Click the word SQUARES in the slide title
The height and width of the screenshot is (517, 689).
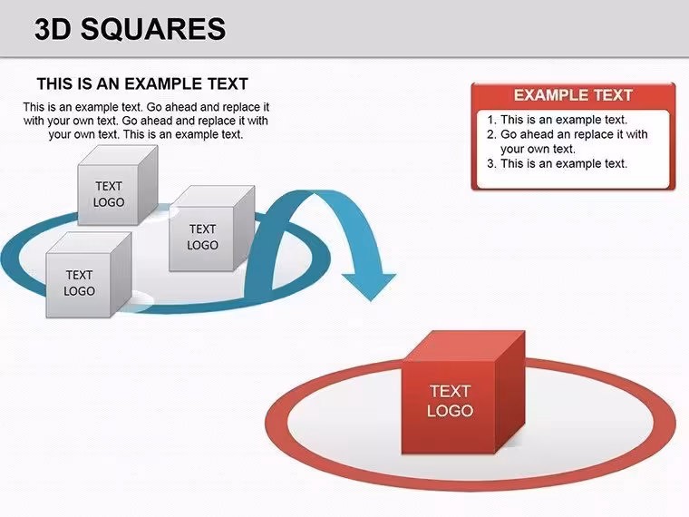tap(153, 29)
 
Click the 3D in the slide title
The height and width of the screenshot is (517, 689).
tap(53, 29)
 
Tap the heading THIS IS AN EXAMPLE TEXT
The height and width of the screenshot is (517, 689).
tap(142, 83)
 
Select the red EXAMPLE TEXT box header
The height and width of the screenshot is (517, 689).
tap(573, 95)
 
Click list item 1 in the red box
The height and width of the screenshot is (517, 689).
tap(558, 120)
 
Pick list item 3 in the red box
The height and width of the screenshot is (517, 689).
tap(558, 163)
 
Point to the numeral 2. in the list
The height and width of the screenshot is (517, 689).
tap(491, 134)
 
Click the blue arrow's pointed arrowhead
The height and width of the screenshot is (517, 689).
tap(370, 287)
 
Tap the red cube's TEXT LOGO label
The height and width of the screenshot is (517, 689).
tap(450, 401)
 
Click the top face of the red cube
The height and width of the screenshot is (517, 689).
tap(464, 346)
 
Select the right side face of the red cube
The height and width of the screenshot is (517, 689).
tap(510, 391)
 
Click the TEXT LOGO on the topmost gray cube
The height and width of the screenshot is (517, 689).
tap(109, 194)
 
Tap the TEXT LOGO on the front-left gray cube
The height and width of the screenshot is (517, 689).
tap(79, 283)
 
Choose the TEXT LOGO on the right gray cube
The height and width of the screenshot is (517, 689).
tap(202, 237)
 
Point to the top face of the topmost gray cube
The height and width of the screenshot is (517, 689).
tap(118, 156)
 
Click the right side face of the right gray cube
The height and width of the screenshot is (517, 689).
tap(244, 228)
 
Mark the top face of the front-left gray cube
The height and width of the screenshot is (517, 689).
tap(89, 243)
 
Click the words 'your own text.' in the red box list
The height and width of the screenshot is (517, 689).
tap(538, 149)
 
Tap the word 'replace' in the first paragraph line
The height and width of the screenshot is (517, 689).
tap(242, 107)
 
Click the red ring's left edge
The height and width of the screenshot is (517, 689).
tap(276, 423)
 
